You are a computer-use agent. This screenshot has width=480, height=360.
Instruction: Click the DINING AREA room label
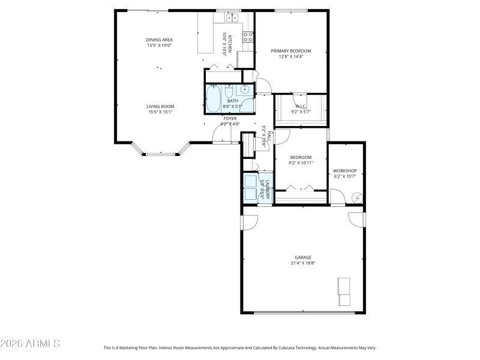point(160,40)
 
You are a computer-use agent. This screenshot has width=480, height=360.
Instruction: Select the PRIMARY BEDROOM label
point(291,51)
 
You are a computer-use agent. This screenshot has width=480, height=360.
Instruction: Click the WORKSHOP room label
point(345,171)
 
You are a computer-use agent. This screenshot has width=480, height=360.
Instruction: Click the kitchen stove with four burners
point(247,37)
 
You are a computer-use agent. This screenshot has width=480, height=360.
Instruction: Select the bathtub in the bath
point(213,99)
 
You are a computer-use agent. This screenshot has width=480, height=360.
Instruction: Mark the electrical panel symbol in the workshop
point(357,197)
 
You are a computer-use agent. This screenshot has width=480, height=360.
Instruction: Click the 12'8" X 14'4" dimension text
point(291,57)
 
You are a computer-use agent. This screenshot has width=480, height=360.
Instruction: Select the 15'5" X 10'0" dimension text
point(160,46)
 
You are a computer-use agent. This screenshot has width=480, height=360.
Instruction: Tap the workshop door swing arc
point(338,197)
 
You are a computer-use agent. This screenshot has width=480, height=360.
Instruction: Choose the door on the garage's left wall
point(246,222)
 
